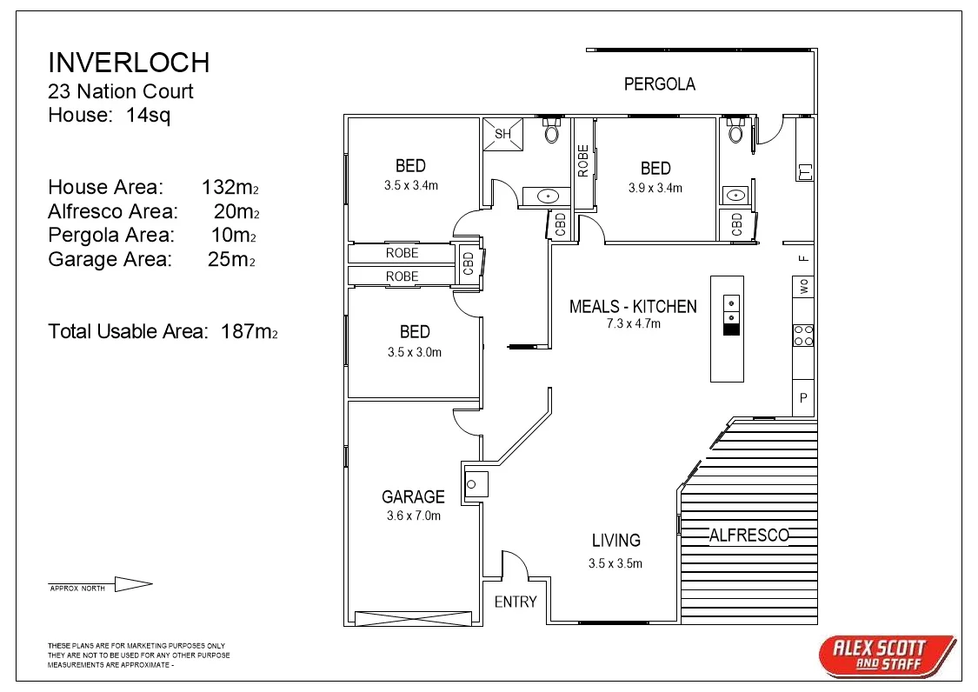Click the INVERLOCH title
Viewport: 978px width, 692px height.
point(129,63)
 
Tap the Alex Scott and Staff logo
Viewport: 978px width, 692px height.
point(887,655)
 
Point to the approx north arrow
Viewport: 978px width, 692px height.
point(133,584)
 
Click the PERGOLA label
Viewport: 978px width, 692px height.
point(660,84)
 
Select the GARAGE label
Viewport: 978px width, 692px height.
point(413,496)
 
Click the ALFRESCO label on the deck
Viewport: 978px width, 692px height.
point(748,536)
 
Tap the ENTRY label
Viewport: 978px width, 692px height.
point(516,602)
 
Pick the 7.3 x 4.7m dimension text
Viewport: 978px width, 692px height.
point(633,323)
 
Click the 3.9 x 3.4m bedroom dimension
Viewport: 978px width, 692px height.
point(655,188)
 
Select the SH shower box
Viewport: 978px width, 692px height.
point(503,134)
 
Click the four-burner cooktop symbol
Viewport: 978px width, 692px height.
point(803,335)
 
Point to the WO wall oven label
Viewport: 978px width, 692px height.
point(803,285)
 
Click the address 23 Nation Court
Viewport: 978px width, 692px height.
point(121,91)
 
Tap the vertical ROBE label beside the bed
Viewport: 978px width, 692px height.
point(583,161)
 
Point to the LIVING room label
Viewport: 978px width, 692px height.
point(615,541)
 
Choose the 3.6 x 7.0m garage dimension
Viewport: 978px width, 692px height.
point(414,516)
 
